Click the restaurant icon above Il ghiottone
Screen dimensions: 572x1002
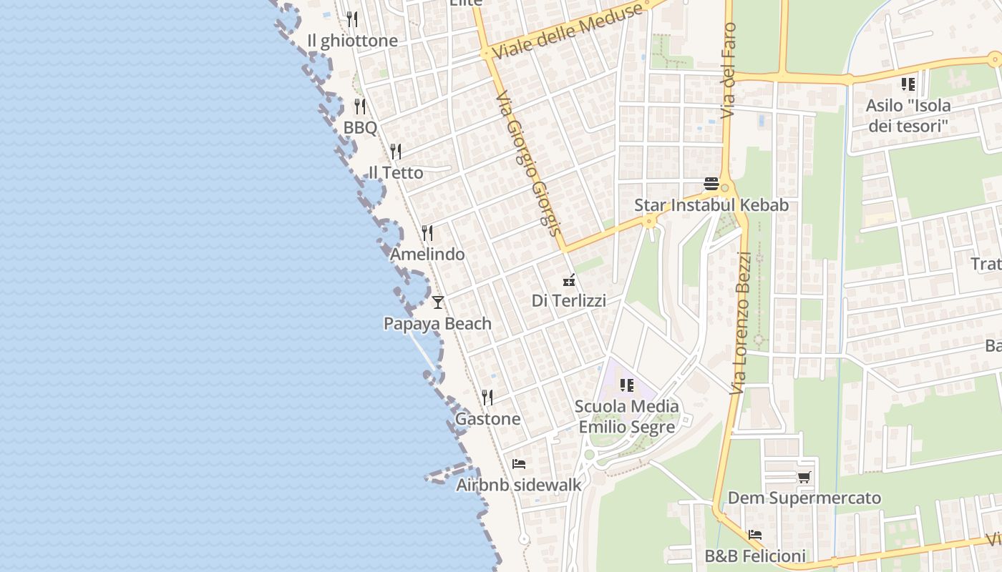[x=351, y=19]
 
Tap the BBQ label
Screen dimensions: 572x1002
[x=360, y=128]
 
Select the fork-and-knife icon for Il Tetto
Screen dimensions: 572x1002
[x=395, y=152]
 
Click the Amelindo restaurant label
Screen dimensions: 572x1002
[x=427, y=255]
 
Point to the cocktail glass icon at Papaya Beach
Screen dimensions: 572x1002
[x=438, y=302]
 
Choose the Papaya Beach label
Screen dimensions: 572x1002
[x=437, y=324]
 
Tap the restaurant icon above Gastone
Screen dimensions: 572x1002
[x=487, y=398]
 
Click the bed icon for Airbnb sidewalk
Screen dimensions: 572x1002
[x=519, y=464]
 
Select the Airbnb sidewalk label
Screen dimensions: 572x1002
[x=519, y=485]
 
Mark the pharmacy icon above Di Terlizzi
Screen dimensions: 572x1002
[x=569, y=280]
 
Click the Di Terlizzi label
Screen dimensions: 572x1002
[x=569, y=301]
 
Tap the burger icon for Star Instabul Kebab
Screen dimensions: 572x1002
[x=711, y=184]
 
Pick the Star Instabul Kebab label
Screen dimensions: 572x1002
[x=711, y=206]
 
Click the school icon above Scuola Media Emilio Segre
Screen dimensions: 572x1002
[x=627, y=385]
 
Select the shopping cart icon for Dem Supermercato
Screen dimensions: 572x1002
[x=804, y=477]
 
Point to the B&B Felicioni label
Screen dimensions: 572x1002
[x=755, y=556]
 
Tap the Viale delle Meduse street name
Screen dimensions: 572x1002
[x=568, y=31]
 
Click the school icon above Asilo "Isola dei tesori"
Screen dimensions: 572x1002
[x=908, y=84]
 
